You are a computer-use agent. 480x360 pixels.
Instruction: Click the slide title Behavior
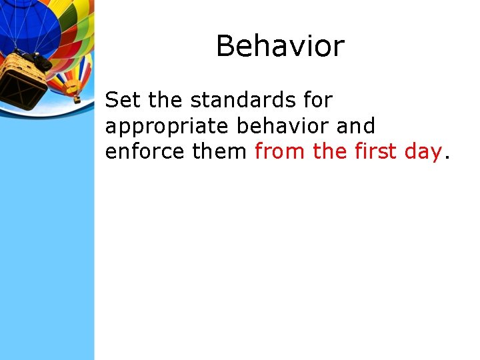click(x=280, y=47)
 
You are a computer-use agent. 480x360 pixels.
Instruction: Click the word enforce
click(x=145, y=151)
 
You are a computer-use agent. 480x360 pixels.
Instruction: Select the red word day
click(x=424, y=153)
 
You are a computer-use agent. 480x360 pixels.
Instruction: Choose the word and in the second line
click(x=356, y=125)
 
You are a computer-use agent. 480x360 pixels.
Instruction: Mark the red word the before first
click(x=329, y=151)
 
